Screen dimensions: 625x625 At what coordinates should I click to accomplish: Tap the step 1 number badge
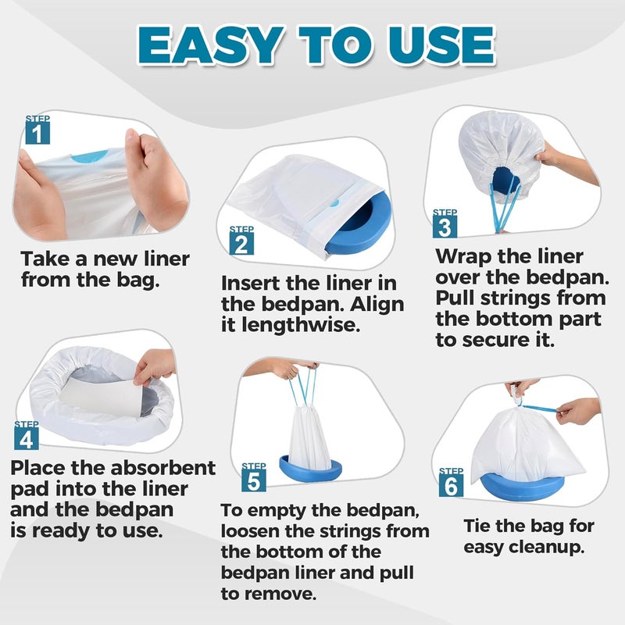[x=37, y=131]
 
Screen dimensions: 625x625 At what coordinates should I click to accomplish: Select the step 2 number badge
[x=241, y=242]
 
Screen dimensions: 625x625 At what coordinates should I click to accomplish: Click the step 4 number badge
[x=27, y=438]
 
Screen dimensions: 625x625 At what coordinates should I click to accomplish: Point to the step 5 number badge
[x=253, y=480]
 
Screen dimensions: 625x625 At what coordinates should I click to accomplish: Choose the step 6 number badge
[x=452, y=485]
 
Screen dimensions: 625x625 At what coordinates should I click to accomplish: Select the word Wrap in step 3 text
[x=463, y=256]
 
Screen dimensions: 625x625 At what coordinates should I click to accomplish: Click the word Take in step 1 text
[x=45, y=259]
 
